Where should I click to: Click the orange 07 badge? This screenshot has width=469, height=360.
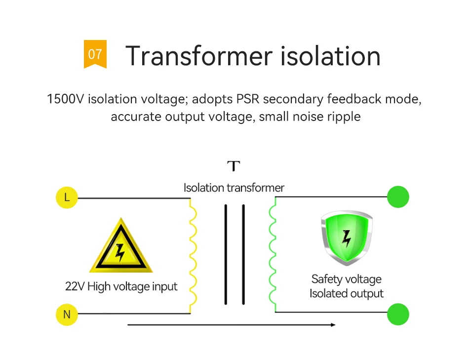(x=95, y=53)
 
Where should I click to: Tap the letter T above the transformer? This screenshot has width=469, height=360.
(x=234, y=166)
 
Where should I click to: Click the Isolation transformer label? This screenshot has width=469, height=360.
(x=234, y=188)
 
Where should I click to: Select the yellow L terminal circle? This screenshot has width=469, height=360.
(x=67, y=198)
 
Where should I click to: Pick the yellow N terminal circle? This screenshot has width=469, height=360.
(x=67, y=314)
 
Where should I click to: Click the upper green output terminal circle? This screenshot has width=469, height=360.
(x=398, y=197)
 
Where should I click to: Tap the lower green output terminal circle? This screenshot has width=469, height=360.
(x=398, y=314)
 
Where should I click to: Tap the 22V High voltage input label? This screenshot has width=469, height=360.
(x=121, y=286)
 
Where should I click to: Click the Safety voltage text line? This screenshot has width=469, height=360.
(x=346, y=280)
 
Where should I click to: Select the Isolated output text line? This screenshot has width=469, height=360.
(x=346, y=294)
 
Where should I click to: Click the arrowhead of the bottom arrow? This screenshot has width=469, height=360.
(x=333, y=325)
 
